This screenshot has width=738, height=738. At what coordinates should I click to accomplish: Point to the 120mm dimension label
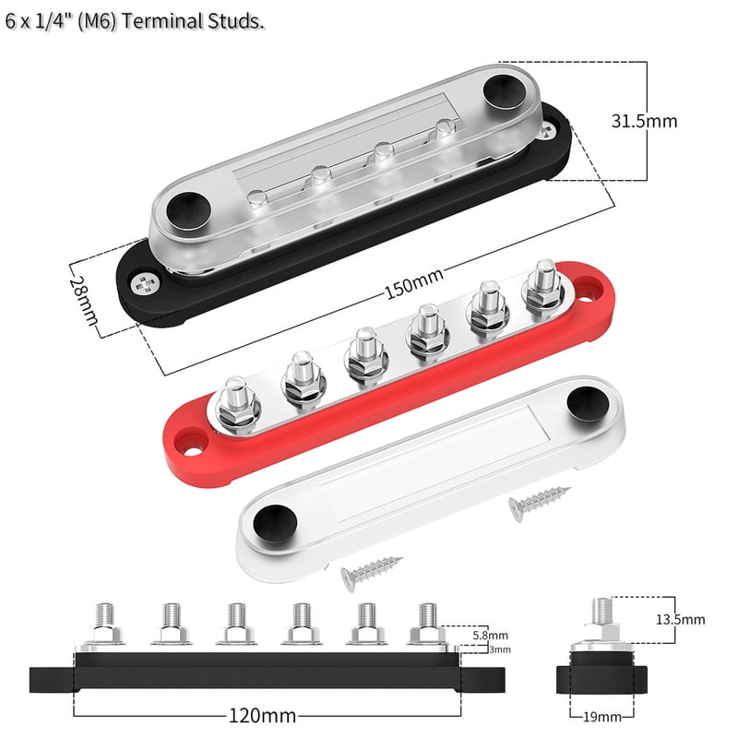click(x=265, y=715)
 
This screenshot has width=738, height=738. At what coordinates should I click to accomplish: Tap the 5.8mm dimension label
click(x=488, y=636)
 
